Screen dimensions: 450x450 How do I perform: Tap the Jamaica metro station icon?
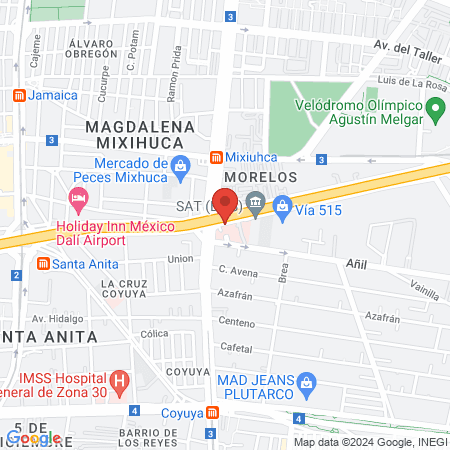(x=18, y=95)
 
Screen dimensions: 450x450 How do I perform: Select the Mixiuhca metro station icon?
(x=215, y=157)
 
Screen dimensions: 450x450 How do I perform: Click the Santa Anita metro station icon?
(x=43, y=264)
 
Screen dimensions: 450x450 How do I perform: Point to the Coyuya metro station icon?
(x=214, y=412)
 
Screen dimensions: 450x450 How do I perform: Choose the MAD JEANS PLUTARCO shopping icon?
(x=307, y=381)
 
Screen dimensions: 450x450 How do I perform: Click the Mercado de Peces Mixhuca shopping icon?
(x=179, y=167)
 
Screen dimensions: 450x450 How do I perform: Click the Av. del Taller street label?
(x=407, y=46)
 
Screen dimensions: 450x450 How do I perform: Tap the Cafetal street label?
(x=236, y=347)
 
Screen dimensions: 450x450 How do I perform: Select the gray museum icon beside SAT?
(x=255, y=204)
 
